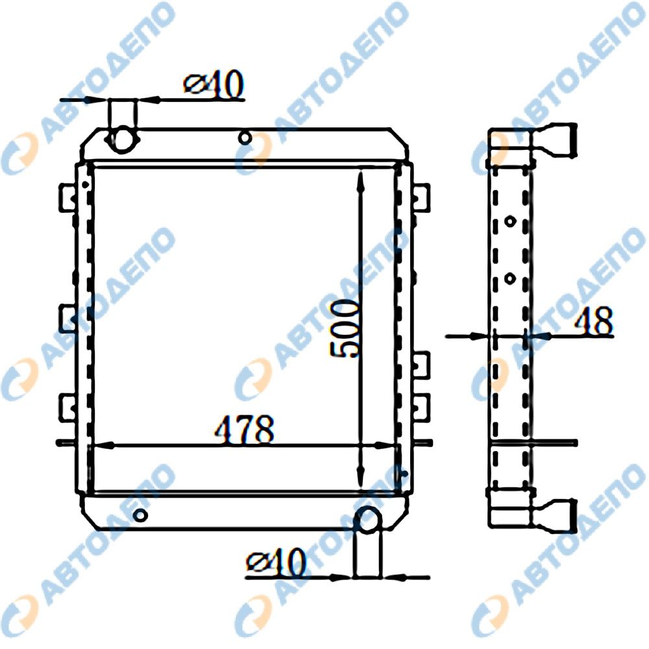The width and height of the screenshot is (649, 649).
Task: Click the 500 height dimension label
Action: coord(345,329)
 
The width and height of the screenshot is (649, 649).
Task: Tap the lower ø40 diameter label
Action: coord(276,564)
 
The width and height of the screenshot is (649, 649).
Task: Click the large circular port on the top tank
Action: coord(122,140)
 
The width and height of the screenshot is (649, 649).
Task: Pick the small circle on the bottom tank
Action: coord(141,515)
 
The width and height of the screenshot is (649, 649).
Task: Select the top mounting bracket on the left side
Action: coord(67,198)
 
